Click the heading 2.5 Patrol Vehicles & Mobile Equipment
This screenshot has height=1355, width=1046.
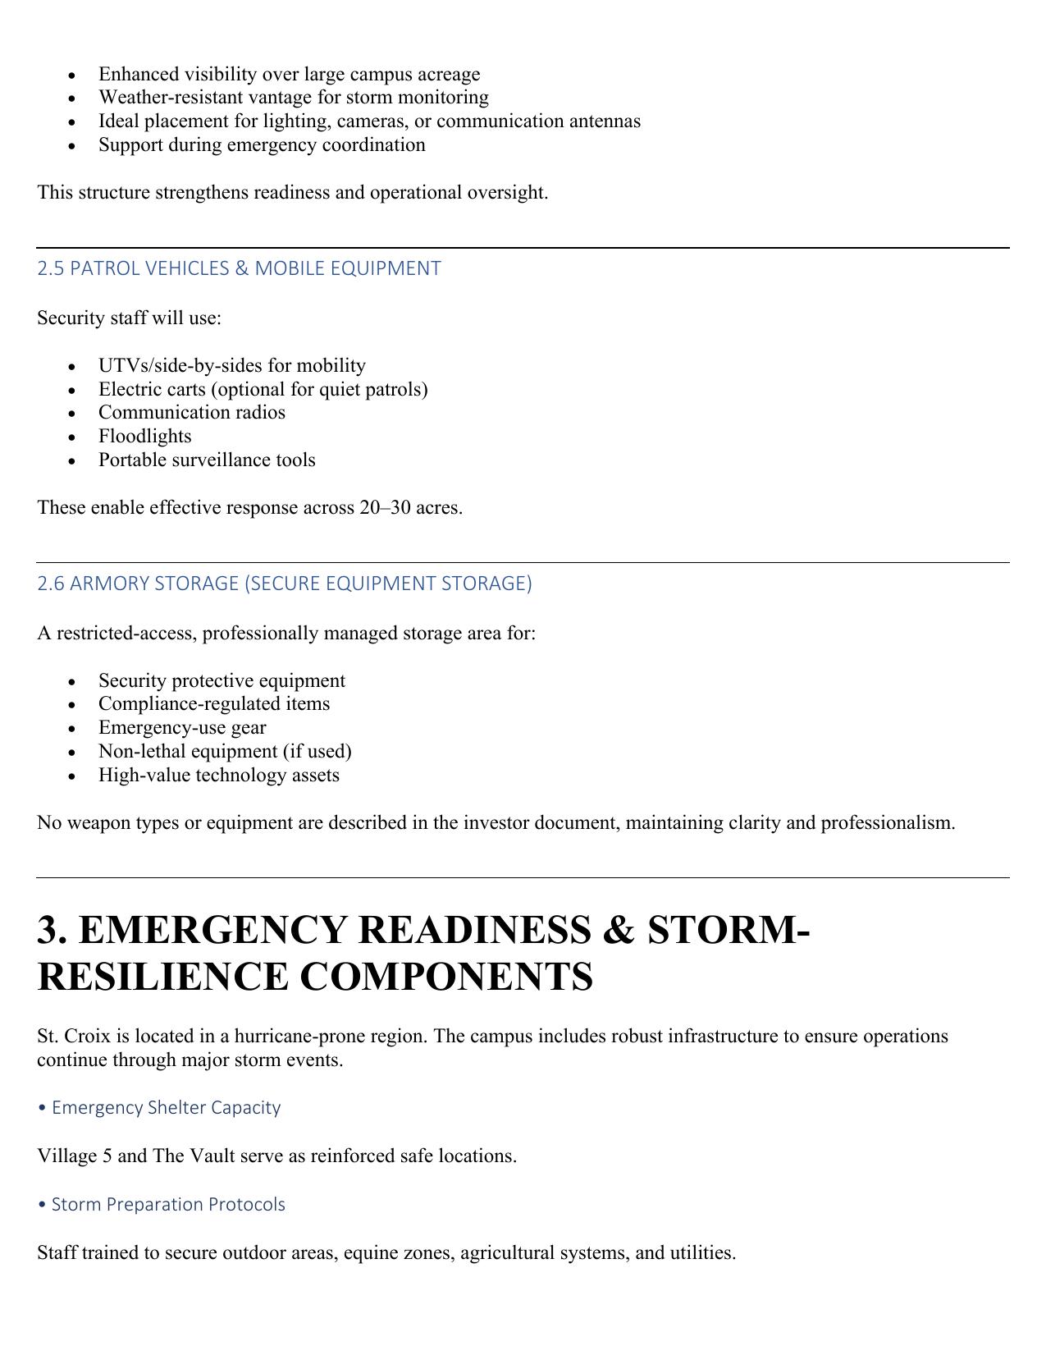click(x=239, y=268)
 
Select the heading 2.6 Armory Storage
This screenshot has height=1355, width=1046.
click(x=284, y=584)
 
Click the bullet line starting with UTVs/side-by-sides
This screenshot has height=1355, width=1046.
click(x=231, y=365)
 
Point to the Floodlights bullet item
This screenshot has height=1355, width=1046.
click(x=144, y=437)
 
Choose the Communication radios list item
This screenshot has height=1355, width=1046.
click(x=191, y=413)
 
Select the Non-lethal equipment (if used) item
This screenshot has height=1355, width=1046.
click(x=224, y=752)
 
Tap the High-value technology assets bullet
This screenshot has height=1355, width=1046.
click(x=218, y=776)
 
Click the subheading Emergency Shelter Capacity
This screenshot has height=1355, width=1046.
click(x=165, y=1108)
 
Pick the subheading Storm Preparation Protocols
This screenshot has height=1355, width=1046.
click(x=167, y=1205)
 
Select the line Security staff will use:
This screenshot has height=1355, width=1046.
click(x=129, y=318)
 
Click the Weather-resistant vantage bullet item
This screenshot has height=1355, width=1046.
click(x=293, y=98)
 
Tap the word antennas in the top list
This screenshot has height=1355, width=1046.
click(x=605, y=121)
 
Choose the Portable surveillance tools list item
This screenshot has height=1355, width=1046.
click(x=207, y=460)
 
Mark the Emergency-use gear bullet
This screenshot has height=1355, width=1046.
click(x=182, y=728)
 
